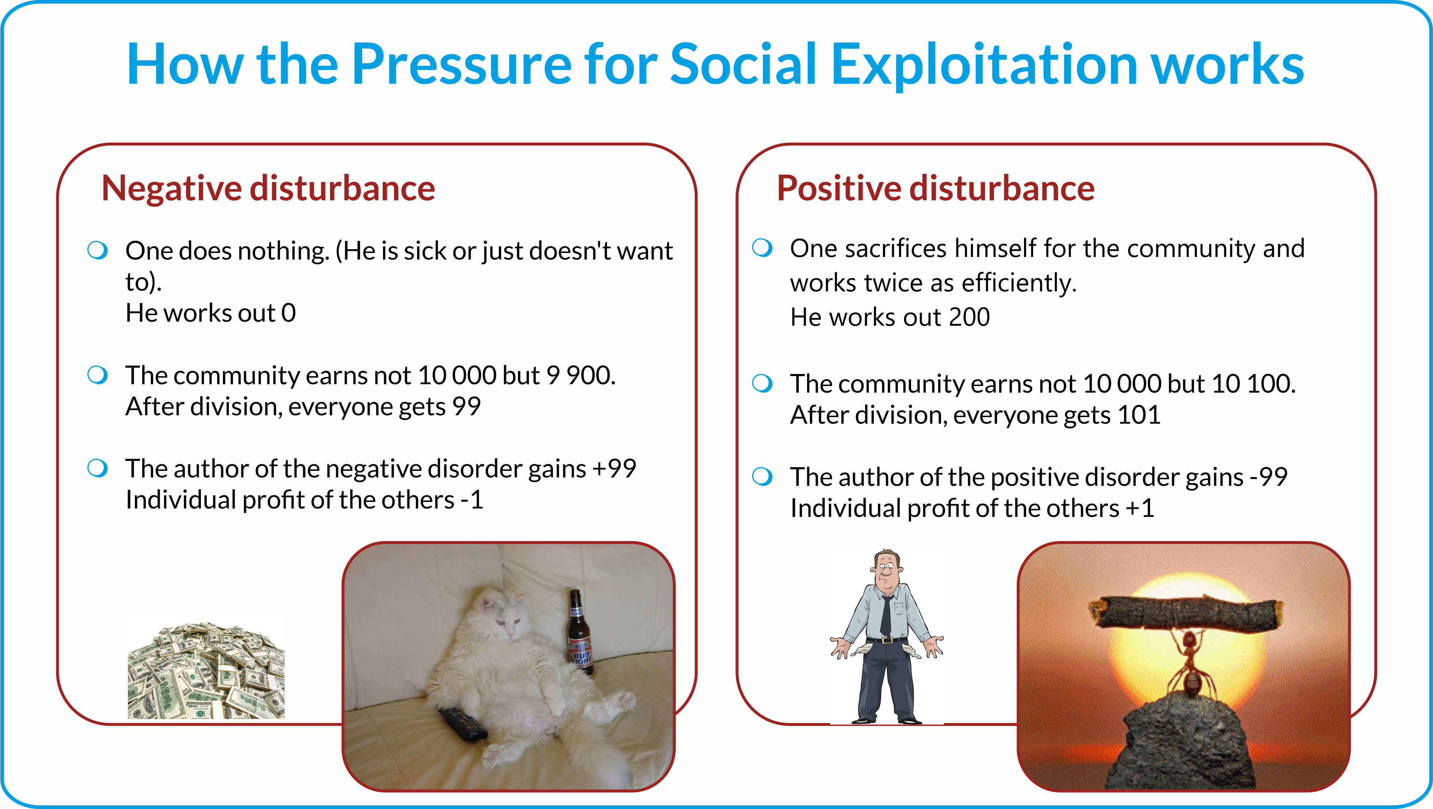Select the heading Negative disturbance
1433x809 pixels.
(268, 188)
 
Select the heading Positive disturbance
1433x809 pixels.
(936, 188)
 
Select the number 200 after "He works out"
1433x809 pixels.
(969, 317)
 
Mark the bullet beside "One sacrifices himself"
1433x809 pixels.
(762, 247)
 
